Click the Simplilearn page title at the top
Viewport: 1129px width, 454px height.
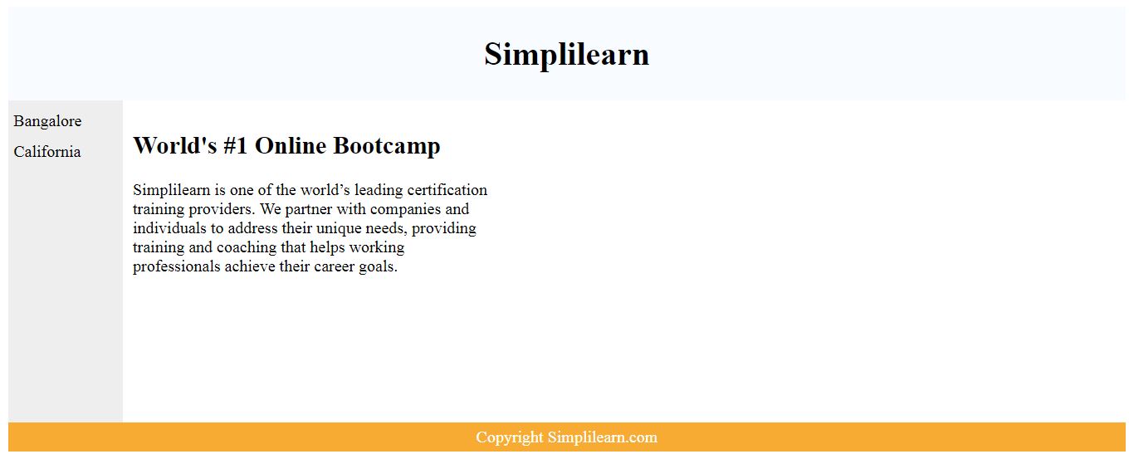point(566,55)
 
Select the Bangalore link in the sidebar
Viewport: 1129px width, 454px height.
point(47,121)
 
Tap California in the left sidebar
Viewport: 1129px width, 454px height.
point(46,152)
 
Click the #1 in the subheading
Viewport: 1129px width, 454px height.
point(236,145)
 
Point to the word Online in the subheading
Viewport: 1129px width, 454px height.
point(291,145)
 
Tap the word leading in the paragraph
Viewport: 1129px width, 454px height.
point(379,191)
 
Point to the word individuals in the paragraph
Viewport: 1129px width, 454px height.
point(170,228)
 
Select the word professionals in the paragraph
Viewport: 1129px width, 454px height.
point(176,266)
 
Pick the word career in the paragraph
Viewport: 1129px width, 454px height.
point(334,267)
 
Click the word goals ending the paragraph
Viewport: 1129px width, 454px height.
point(378,267)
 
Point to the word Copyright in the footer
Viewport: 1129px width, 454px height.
point(510,437)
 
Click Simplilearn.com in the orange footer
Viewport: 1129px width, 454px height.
point(603,437)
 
